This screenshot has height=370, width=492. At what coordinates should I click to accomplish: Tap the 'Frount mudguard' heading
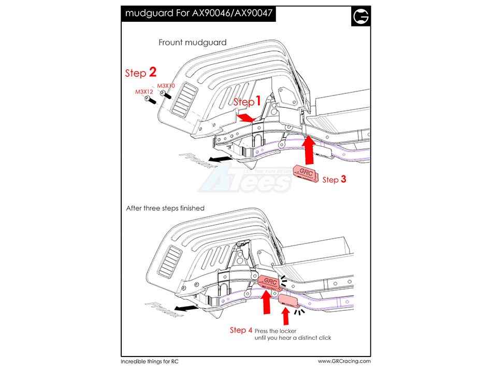click(192, 43)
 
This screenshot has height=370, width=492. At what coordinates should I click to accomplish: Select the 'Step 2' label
click(140, 73)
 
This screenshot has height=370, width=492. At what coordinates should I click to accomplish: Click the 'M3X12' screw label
click(145, 92)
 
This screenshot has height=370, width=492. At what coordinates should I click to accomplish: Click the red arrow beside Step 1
click(246, 119)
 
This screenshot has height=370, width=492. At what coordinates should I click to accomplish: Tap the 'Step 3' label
click(334, 180)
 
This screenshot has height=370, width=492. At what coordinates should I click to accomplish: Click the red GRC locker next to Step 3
click(307, 173)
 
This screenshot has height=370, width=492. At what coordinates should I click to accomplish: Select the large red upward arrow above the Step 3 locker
click(309, 149)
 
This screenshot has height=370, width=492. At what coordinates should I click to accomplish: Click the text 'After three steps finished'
click(165, 208)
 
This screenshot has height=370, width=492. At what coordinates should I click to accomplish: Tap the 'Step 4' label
click(241, 330)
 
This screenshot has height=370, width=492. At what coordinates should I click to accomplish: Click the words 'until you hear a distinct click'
click(293, 338)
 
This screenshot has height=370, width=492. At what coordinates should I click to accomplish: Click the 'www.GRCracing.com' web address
click(344, 361)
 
